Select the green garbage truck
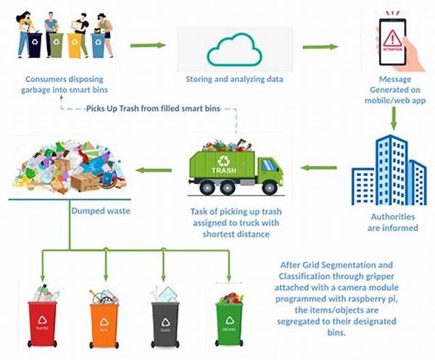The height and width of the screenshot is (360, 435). pos(235,168)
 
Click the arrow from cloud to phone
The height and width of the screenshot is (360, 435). pos(320,47)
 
